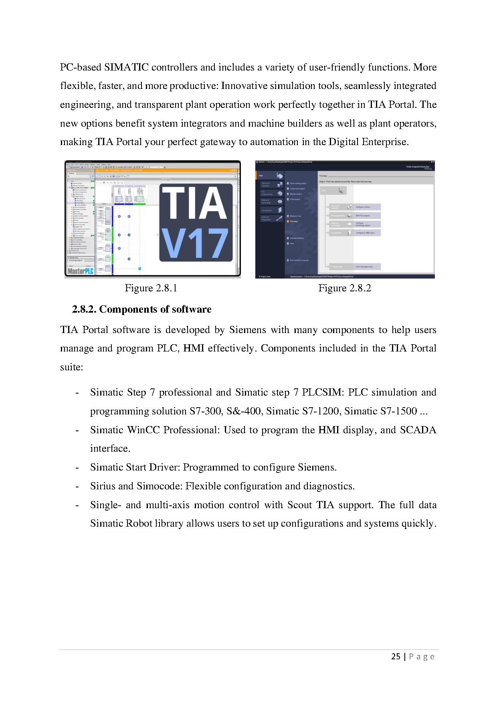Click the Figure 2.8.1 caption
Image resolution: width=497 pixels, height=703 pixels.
151,288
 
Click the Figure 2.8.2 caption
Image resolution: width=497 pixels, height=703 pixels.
345,288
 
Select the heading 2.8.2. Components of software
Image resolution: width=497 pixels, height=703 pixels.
141,309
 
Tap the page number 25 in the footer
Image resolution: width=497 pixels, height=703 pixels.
396,657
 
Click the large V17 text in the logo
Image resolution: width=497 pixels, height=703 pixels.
195,244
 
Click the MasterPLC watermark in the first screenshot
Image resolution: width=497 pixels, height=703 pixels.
81,271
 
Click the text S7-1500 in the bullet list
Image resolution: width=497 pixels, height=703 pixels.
401,411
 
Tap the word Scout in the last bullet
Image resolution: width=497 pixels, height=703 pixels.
299,505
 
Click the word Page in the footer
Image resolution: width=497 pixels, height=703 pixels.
422,657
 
